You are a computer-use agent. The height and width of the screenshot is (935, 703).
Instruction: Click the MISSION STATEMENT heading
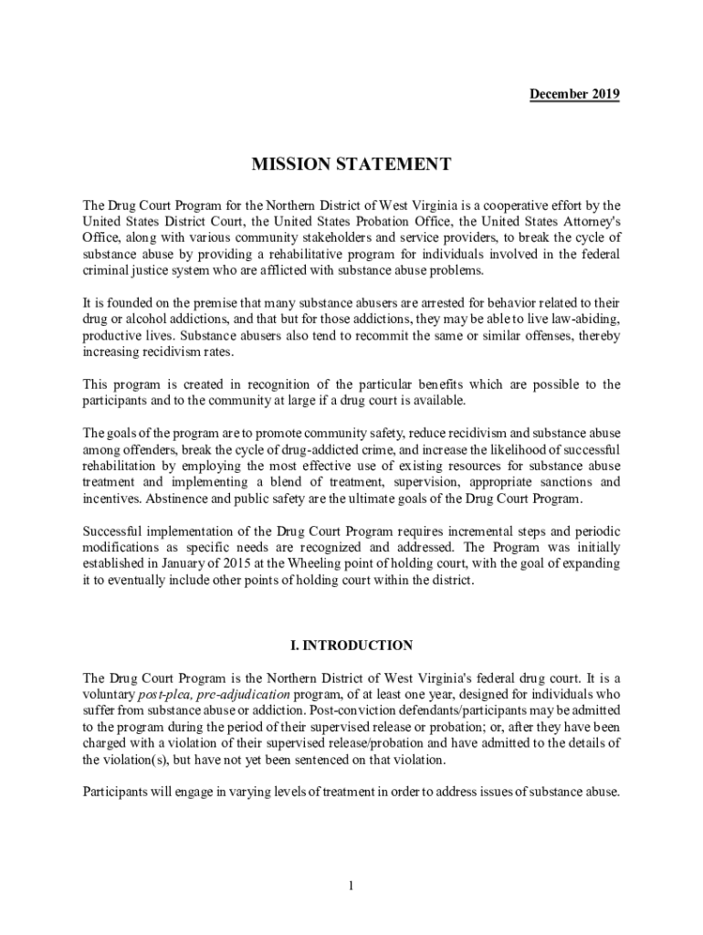pos(351,164)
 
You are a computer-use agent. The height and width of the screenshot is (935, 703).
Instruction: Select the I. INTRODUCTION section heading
pos(351,646)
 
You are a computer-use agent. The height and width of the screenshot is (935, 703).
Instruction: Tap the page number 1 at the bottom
pos(351,885)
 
